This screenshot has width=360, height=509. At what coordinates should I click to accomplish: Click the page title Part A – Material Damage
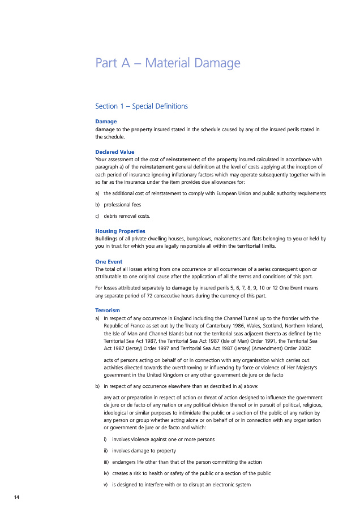[x=168, y=63]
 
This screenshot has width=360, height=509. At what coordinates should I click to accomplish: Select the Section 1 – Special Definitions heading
[x=142, y=106]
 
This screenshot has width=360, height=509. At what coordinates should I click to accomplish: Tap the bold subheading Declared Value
[x=115, y=152]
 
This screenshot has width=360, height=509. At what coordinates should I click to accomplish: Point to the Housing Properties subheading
[x=120, y=231]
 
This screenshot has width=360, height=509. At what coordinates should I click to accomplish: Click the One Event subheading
[x=109, y=261]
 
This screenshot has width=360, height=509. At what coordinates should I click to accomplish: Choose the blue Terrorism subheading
[x=108, y=310]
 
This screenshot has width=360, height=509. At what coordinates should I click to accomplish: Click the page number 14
[x=16, y=497]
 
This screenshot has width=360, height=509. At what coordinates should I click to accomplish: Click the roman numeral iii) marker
[x=99, y=461]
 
